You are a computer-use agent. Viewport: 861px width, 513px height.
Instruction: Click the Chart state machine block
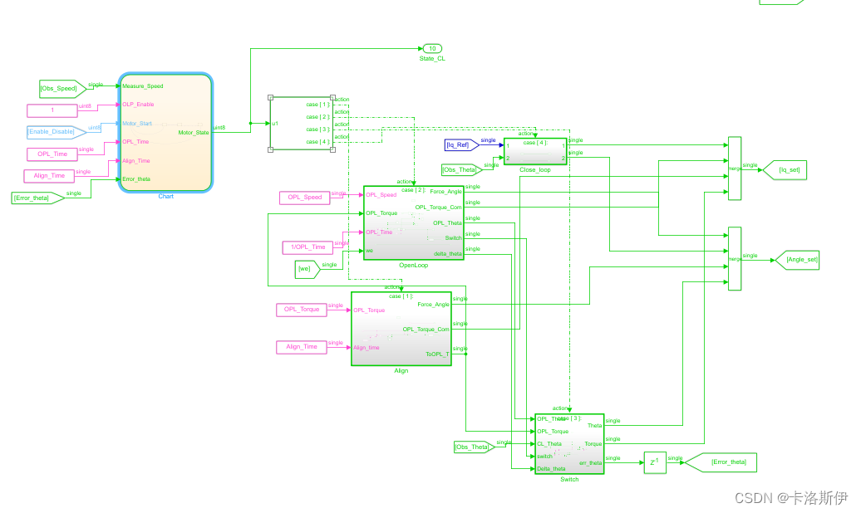coord(166,133)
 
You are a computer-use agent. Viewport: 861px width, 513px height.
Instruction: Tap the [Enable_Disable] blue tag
coord(53,131)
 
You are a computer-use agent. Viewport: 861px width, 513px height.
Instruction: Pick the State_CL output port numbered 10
coord(432,49)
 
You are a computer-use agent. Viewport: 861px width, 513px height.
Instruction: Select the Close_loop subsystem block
coord(535,151)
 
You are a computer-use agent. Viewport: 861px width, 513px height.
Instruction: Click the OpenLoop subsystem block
coord(413,222)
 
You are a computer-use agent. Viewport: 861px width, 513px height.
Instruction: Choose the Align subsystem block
coord(401,328)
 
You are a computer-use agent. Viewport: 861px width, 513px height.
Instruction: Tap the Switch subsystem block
coord(569,443)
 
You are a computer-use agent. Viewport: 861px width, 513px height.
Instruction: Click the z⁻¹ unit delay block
coord(654,462)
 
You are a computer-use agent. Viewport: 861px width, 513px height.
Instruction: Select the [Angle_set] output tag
coord(799,260)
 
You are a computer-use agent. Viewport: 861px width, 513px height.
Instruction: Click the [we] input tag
coord(307,268)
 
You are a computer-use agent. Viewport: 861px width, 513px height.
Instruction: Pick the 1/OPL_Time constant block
coord(307,247)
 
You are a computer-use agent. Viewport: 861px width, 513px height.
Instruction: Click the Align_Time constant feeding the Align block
coord(302,347)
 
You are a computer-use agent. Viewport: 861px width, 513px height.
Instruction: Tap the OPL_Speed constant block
coord(305,198)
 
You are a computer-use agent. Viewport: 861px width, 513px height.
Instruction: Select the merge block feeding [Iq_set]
coord(734,169)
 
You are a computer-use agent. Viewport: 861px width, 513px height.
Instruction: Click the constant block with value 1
coord(52,110)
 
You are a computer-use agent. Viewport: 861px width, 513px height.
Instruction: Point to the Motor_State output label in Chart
coord(194,132)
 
